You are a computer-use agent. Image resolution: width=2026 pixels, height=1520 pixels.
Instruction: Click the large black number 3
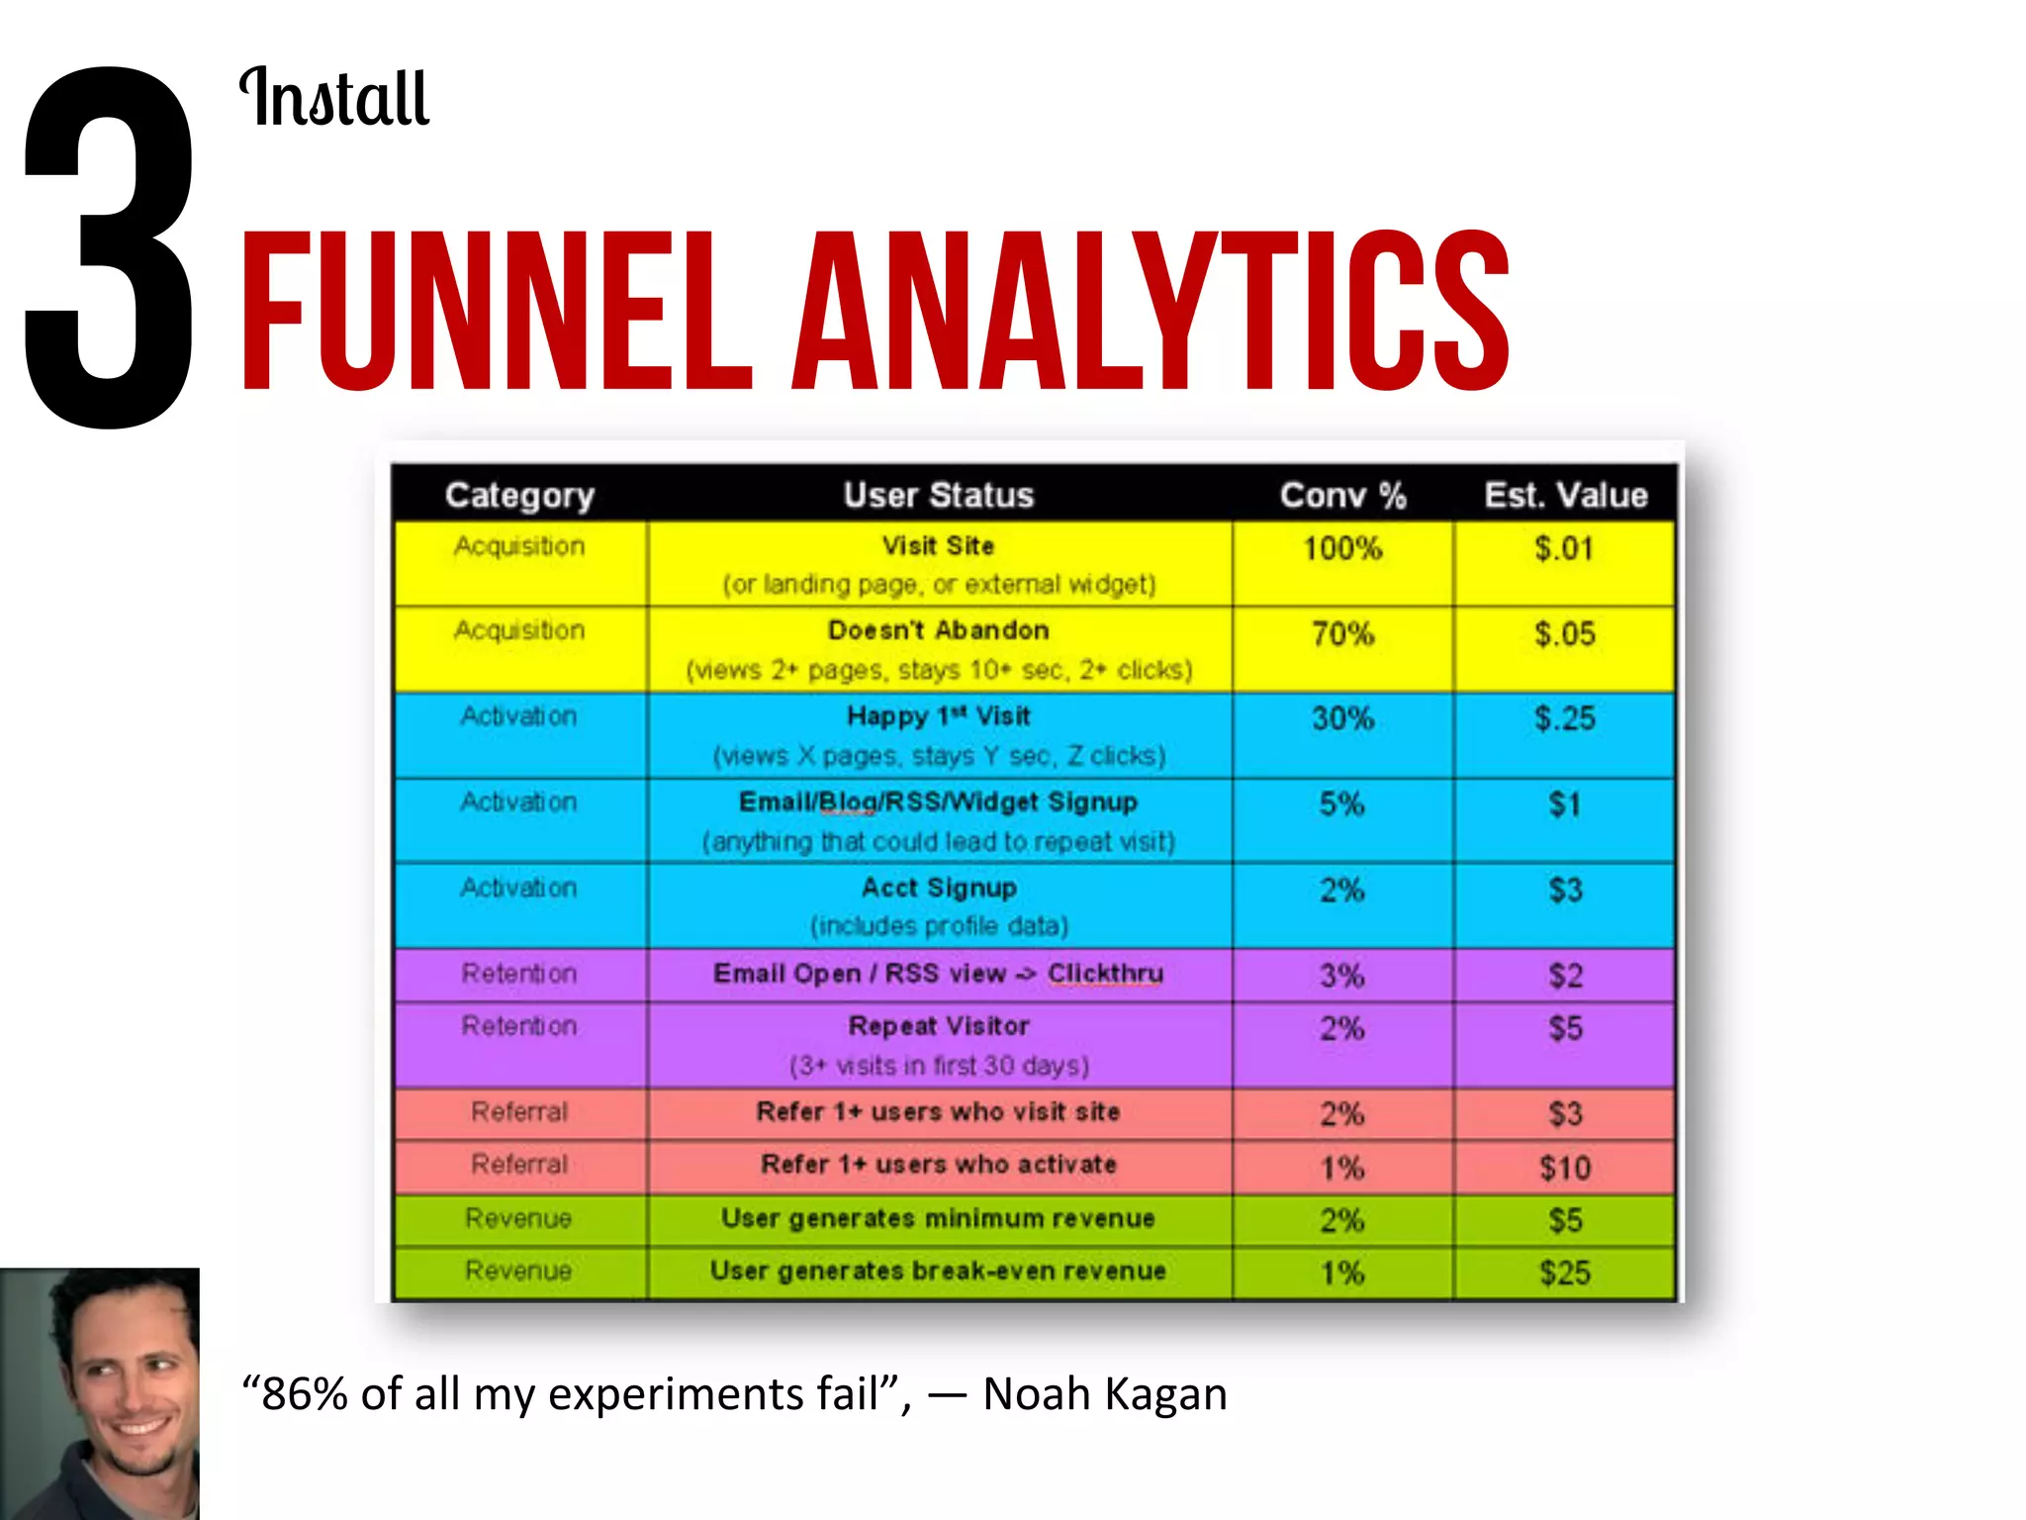click(x=109, y=247)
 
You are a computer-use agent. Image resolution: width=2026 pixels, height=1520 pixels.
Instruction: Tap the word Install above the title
click(x=334, y=98)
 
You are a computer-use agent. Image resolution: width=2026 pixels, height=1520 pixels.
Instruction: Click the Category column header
click(x=519, y=495)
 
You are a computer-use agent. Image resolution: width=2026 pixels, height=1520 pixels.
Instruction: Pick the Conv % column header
click(x=1342, y=495)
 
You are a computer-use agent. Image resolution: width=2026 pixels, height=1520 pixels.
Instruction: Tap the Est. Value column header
click(x=1565, y=495)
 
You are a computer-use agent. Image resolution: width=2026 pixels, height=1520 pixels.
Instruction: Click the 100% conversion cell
click(x=1342, y=548)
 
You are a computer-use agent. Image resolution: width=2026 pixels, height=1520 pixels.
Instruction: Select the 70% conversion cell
click(x=1342, y=633)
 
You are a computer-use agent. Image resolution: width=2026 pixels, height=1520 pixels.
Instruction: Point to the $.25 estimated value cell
click(x=1565, y=718)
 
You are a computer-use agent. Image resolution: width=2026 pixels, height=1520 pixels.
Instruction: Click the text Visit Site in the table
click(x=938, y=545)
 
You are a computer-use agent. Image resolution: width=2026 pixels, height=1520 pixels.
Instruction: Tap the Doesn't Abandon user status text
click(x=938, y=630)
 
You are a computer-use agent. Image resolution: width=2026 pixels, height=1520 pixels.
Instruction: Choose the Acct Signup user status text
click(x=939, y=888)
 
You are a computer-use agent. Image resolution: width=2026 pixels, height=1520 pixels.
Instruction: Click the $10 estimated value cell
click(x=1565, y=1168)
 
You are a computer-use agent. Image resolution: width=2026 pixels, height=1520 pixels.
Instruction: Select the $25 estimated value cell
click(x=1565, y=1273)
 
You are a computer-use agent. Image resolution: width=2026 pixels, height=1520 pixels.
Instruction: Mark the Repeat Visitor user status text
click(x=939, y=1026)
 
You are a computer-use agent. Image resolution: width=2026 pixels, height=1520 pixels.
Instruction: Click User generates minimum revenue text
click(x=938, y=1218)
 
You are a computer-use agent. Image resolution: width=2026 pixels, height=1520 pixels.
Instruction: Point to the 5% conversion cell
click(x=1341, y=804)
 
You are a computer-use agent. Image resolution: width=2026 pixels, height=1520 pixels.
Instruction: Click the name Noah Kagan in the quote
click(x=1104, y=1393)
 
